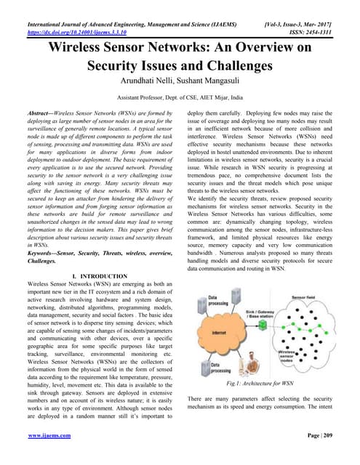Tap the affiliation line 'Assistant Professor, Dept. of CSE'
[179, 96]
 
